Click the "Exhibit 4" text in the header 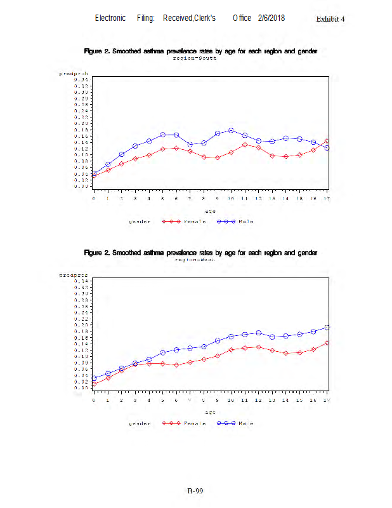coord(330,18)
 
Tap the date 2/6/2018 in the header coord(271,18)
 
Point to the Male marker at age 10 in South coord(231,130)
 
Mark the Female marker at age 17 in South coord(327,141)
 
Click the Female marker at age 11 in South coord(245,145)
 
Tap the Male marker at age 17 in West coord(327,328)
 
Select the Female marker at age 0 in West coord(94,384)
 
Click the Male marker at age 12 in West coord(259,333)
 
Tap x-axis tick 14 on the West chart coord(286,401)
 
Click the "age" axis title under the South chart coord(210,210)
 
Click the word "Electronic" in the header coord(110,18)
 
